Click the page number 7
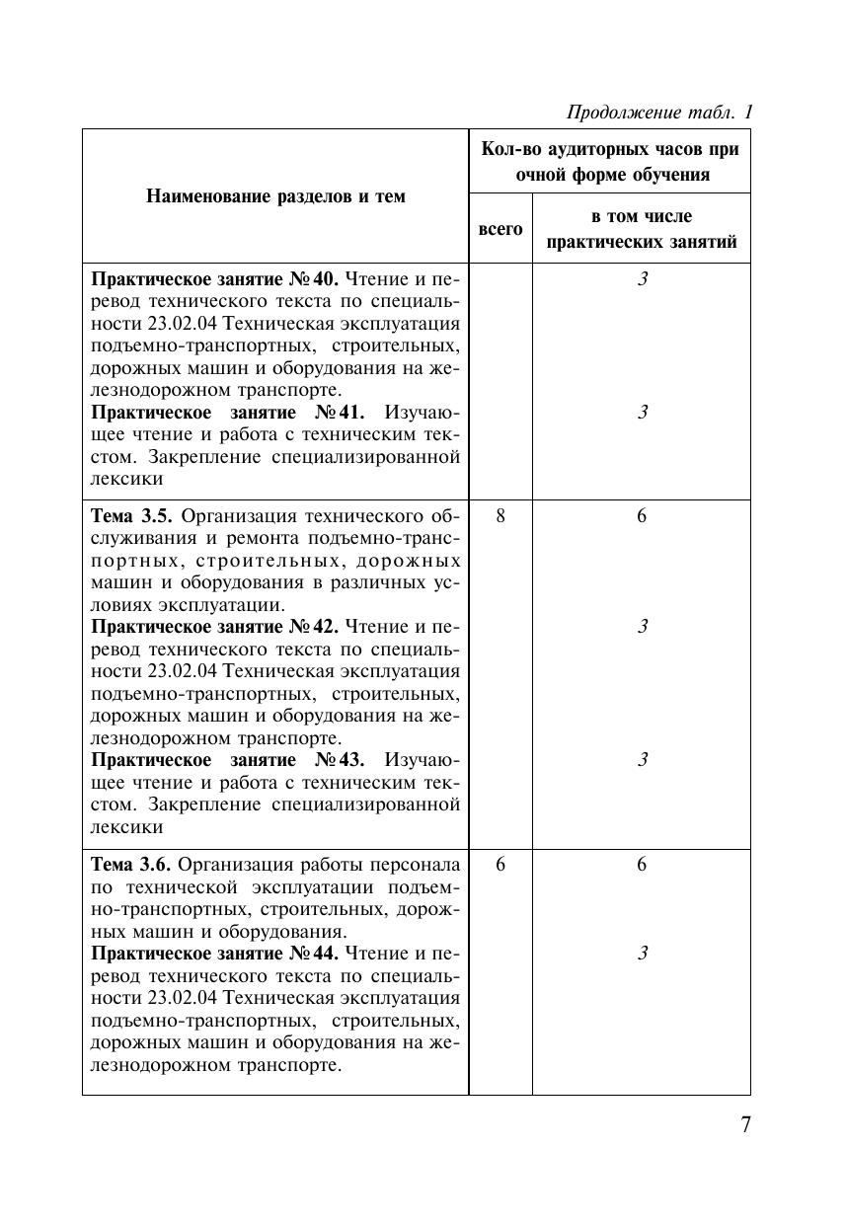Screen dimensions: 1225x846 pos(745,1125)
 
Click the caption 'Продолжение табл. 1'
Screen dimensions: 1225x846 pos(659,113)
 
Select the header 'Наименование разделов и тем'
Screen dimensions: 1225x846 pos(275,196)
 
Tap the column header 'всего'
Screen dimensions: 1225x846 pos(500,229)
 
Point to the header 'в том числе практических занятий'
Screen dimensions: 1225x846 pos(641,229)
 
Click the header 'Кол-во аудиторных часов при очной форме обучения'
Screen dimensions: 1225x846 pos(609,162)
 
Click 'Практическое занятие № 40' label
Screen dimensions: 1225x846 pos(215,279)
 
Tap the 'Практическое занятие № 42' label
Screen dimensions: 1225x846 pos(215,627)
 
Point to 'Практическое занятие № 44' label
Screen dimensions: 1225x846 pos(215,954)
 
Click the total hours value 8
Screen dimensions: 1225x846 pos(500,516)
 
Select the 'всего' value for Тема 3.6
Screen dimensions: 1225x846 pos(500,865)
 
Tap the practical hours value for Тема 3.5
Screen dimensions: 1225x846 pos(642,516)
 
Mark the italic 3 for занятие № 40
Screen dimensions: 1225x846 pos(642,279)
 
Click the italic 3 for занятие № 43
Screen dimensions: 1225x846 pos(642,760)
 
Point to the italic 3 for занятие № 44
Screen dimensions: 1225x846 pos(642,954)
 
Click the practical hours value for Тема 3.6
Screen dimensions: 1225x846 pos(642,865)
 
